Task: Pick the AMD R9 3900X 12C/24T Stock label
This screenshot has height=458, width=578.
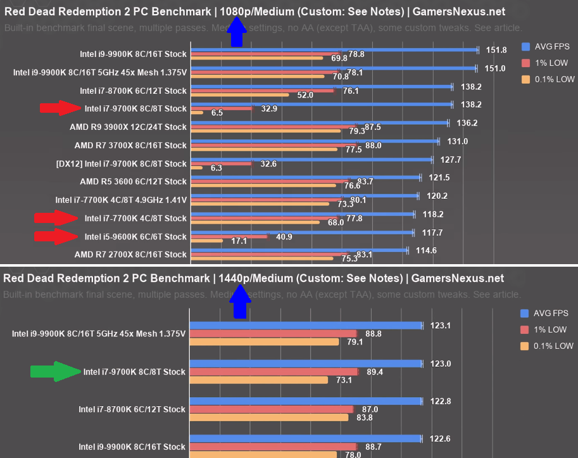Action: pyautogui.click(x=129, y=126)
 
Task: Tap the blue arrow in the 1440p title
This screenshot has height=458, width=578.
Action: pyautogui.click(x=240, y=302)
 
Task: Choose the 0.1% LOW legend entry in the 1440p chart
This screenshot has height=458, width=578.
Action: pyautogui.click(x=548, y=346)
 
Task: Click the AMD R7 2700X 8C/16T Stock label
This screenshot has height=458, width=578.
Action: pyautogui.click(x=130, y=255)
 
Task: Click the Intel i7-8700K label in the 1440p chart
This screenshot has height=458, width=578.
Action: pyautogui.click(x=132, y=409)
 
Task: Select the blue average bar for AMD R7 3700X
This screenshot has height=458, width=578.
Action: pyautogui.click(x=315, y=141)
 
